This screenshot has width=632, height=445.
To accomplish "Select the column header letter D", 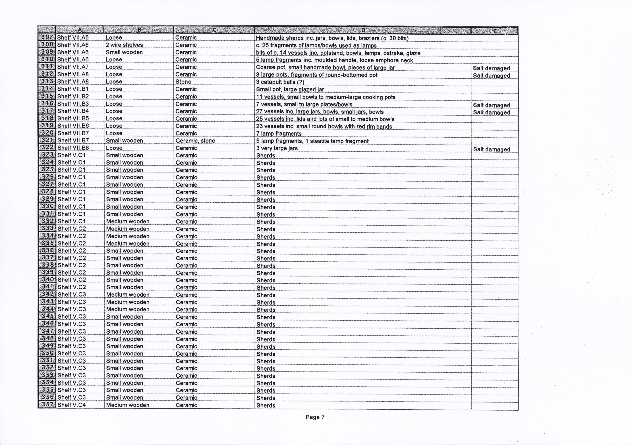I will pyautogui.click(x=363, y=30).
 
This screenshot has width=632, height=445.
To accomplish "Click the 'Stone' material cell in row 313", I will pyautogui.click(x=183, y=82).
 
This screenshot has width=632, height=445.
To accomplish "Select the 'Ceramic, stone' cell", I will pyautogui.click(x=195, y=140).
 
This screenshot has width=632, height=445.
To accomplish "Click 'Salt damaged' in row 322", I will pyautogui.click(x=491, y=149).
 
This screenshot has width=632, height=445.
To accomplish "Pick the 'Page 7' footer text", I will pyautogui.click(x=315, y=417).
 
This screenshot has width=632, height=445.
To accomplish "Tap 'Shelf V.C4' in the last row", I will pyautogui.click(x=72, y=405).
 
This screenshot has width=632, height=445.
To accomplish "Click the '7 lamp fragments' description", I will pyautogui.click(x=279, y=134).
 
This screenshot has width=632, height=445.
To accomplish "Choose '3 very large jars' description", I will pyautogui.click(x=277, y=148).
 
